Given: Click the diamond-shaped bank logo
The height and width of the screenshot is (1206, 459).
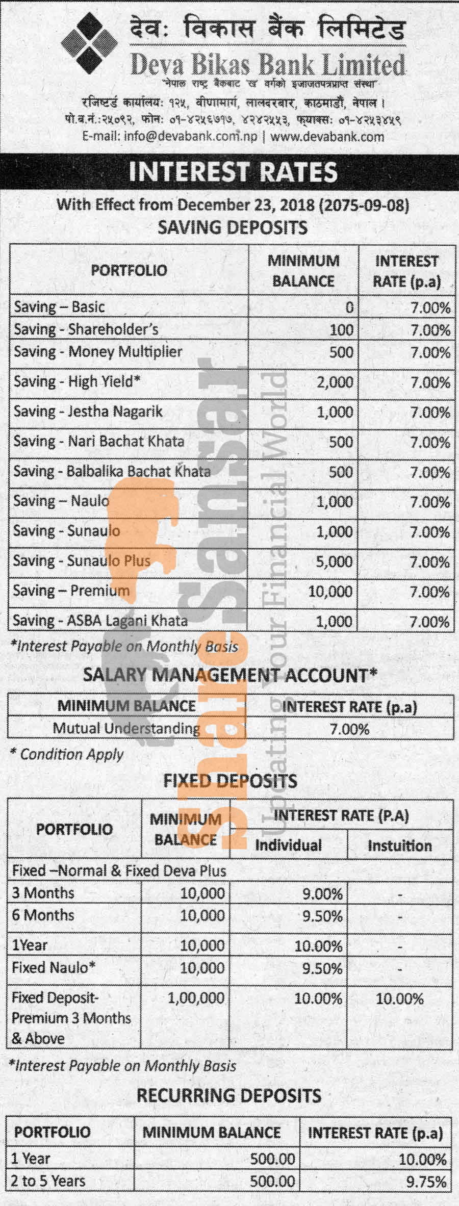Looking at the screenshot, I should click(x=90, y=43).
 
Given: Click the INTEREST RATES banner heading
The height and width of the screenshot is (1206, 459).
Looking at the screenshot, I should click(x=233, y=172).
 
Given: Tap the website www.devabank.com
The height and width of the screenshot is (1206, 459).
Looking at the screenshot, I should click(x=327, y=137).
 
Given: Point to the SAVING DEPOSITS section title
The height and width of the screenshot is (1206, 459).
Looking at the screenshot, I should click(x=233, y=227).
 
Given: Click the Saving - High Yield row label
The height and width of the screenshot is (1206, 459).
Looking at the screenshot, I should click(x=77, y=381).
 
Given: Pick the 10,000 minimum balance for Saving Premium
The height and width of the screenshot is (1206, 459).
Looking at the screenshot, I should click(x=330, y=592).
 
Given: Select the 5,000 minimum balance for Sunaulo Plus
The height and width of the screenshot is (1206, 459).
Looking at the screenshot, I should click(x=334, y=561).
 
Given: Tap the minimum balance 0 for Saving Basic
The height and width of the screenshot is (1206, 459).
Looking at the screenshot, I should click(x=349, y=307).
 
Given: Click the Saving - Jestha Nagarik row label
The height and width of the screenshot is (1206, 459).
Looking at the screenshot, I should click(x=88, y=412).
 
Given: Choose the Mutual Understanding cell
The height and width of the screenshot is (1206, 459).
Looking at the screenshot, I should click(x=126, y=728).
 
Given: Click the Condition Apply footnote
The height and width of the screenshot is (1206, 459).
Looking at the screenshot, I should click(x=67, y=754).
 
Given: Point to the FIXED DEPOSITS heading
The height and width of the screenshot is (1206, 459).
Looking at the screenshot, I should click(x=230, y=781).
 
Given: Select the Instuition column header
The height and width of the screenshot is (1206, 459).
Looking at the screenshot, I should click(x=400, y=845).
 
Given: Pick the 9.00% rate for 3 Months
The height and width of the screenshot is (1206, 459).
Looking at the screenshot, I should click(x=322, y=893).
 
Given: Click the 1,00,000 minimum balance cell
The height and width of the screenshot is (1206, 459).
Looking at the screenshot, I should click(x=196, y=998).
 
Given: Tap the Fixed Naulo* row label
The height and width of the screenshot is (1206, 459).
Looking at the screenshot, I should click(x=54, y=967).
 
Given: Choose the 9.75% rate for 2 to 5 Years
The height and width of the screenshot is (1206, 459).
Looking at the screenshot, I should click(x=426, y=1181).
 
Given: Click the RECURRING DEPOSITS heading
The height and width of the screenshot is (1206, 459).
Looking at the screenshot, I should click(x=229, y=1095).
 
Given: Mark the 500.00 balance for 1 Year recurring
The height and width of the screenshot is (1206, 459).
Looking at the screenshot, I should click(x=272, y=1159).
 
